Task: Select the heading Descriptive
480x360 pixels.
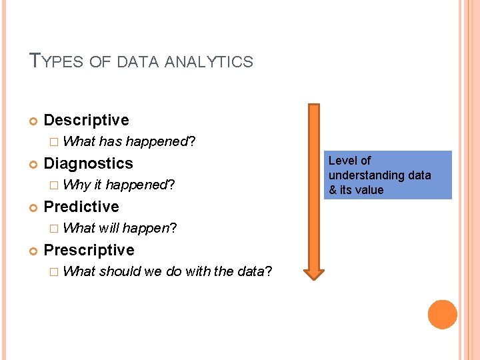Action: [86, 120]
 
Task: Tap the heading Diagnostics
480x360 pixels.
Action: [88, 163]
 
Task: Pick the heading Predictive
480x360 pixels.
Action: [81, 207]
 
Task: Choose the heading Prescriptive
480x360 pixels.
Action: [89, 250]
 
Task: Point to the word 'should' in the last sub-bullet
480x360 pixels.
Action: [121, 271]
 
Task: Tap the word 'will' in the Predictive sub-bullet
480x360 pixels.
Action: [109, 228]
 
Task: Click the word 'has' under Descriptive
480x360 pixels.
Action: [110, 141]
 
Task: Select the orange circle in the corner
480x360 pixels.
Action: [443, 315]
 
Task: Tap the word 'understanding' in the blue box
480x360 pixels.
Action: [363, 175]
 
